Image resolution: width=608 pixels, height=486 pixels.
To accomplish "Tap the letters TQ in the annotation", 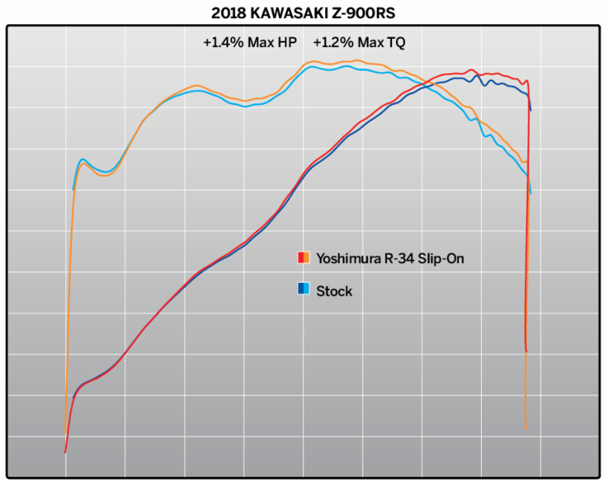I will point(395,43).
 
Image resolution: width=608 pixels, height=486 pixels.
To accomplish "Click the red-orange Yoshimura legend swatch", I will point(303,258).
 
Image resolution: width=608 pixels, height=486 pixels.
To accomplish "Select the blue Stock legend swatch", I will point(303,289).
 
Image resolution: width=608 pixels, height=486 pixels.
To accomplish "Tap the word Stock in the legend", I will point(334,291).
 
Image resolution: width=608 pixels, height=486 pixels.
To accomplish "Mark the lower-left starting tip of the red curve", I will point(65,453).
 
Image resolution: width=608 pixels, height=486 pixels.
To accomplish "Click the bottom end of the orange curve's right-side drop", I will point(526,428).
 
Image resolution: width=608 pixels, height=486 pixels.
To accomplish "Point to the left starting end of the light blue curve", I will point(73,189).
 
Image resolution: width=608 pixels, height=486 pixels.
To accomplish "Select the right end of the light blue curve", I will point(530,193).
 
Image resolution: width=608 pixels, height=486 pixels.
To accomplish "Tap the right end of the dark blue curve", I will point(530,111).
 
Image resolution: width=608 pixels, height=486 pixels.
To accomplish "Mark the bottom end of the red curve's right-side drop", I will point(526,351).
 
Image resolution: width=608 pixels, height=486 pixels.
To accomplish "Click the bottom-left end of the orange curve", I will point(65,434).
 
